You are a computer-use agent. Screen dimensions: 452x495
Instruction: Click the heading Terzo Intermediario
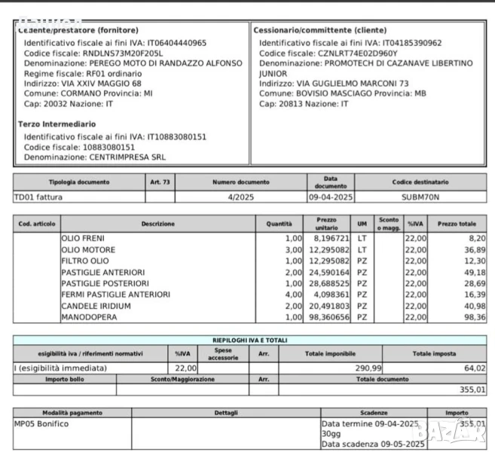(x=57, y=123)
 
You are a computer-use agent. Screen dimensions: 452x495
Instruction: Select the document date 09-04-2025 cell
(x=330, y=197)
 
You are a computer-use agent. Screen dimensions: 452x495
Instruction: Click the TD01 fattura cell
(x=38, y=197)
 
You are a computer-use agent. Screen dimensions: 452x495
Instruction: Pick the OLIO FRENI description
(x=83, y=237)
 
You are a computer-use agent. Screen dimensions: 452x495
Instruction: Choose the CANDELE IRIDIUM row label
(x=96, y=306)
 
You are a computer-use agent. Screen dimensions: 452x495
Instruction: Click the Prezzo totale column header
(x=457, y=224)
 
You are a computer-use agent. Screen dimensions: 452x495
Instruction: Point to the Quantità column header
(x=279, y=224)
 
